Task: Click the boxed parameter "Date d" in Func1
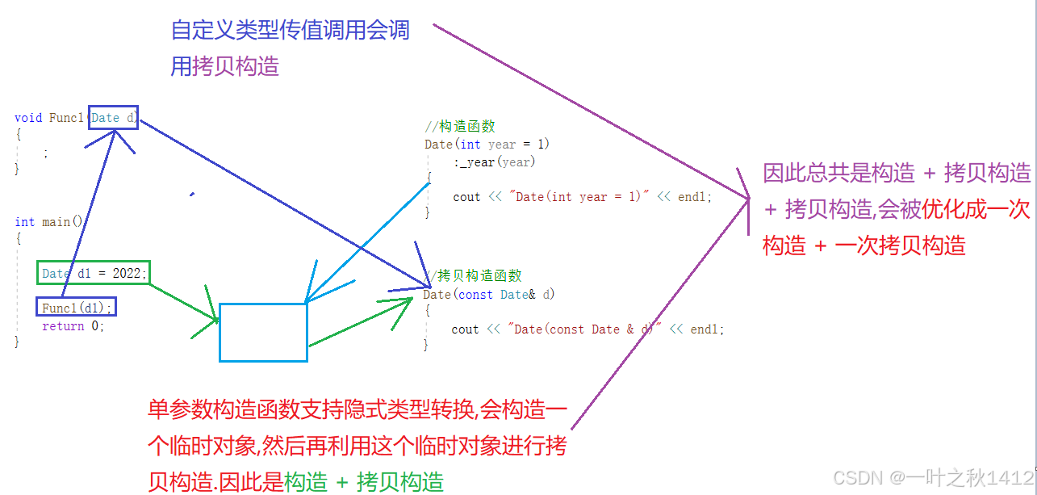pos(113,118)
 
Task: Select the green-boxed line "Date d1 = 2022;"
pos(94,274)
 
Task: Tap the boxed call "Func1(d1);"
pos(77,308)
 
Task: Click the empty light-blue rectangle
pos(263,332)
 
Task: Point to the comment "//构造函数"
pos(460,126)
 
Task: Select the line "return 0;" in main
pos(73,326)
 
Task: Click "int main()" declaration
pos(48,221)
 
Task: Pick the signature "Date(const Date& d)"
pos(489,295)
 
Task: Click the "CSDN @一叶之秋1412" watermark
pos(932,478)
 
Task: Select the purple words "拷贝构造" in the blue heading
pos(236,65)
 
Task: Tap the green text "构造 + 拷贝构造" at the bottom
pos(364,482)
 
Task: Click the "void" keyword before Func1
pos(28,118)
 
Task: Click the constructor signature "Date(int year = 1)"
pos(487,145)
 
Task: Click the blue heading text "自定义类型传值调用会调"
pos(291,31)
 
